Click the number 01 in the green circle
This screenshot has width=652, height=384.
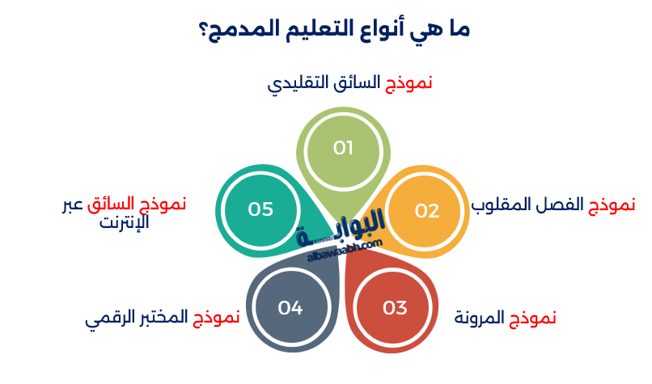[344, 148]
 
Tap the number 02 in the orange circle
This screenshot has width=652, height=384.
[426, 210]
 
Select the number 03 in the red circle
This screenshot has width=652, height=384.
[395, 308]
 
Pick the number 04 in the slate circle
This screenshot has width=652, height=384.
[290, 308]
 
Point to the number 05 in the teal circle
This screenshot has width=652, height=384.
[260, 209]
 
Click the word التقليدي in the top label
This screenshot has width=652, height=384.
[300, 83]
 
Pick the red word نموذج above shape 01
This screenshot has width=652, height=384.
[406, 83]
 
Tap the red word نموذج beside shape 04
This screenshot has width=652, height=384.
[216, 318]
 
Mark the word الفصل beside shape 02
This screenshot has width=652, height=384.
[559, 205]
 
